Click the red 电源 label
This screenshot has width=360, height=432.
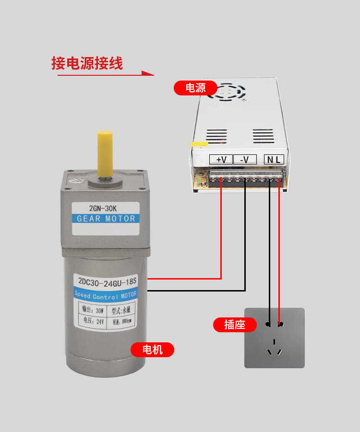pyautogui.click(x=195, y=88)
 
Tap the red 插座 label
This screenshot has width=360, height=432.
pyautogui.click(x=234, y=325)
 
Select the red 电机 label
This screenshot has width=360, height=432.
pyautogui.click(x=153, y=350)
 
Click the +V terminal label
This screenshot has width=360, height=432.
pyautogui.click(x=221, y=159)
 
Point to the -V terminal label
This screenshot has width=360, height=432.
pyautogui.click(x=244, y=159)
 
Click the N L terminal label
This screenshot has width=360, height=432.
pyautogui.click(x=274, y=159)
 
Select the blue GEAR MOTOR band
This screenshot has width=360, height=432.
pyautogui.click(x=106, y=219)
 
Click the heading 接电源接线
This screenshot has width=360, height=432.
pyautogui.click(x=87, y=63)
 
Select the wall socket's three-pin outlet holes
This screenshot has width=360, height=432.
pyautogui.click(x=274, y=348)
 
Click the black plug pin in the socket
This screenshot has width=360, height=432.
pyautogui.click(x=268, y=325)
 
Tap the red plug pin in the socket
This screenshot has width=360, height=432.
pyautogui.click(x=280, y=325)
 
